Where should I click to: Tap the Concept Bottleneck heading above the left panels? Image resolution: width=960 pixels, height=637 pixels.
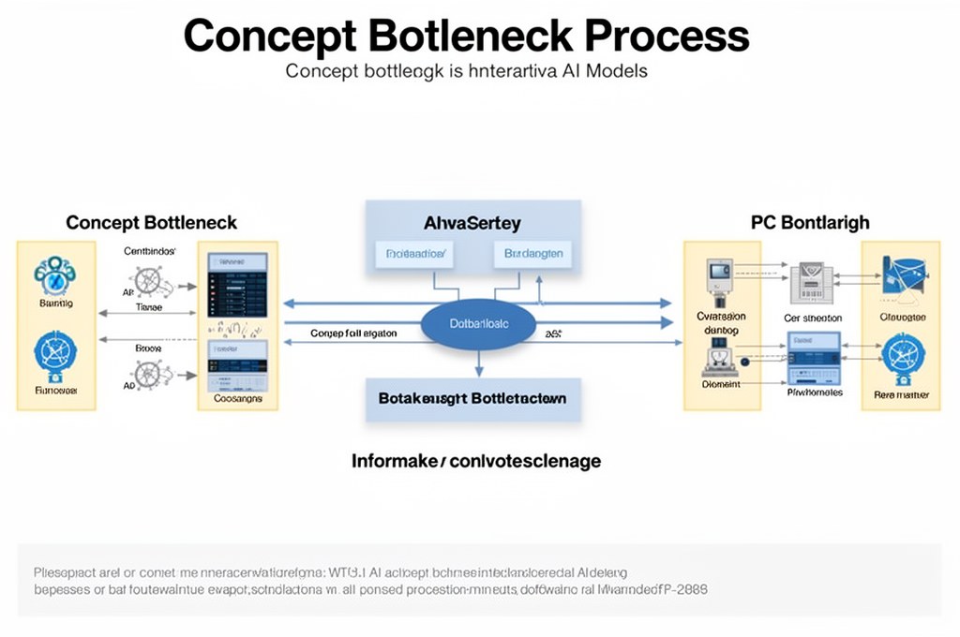click(x=151, y=223)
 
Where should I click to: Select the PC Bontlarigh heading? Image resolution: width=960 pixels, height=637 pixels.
click(x=810, y=223)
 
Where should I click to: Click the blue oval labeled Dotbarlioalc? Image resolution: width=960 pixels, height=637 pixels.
click(x=478, y=323)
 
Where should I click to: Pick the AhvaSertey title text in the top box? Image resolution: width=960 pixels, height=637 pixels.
click(x=472, y=224)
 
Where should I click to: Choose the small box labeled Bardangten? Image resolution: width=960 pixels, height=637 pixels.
click(x=532, y=253)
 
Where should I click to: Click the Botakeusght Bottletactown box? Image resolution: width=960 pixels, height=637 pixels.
click(x=472, y=398)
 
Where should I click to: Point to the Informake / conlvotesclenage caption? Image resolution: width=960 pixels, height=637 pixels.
click(x=475, y=461)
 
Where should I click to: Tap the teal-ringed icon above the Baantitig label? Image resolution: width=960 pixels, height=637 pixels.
click(x=54, y=274)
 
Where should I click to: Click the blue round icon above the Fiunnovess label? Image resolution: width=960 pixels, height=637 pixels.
click(x=54, y=354)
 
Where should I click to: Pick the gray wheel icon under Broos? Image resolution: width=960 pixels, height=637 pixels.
click(x=148, y=374)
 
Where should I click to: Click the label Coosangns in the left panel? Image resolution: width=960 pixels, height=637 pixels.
click(x=238, y=398)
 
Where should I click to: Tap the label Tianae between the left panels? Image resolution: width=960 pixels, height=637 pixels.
click(x=149, y=306)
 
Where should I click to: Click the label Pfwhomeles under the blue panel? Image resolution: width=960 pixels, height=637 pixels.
click(x=814, y=393)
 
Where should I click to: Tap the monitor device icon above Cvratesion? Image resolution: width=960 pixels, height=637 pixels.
click(x=718, y=278)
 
